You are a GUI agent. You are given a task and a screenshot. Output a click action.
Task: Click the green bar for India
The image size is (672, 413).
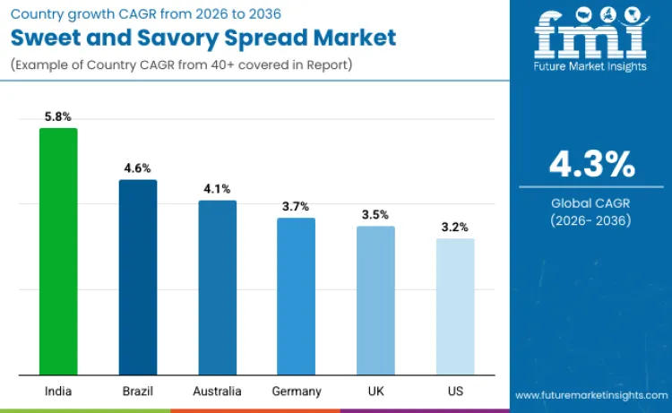(58, 252)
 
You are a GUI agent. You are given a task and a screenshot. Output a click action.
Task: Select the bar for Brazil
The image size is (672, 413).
(138, 278)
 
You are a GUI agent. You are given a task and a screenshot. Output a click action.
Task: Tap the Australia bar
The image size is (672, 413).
(217, 288)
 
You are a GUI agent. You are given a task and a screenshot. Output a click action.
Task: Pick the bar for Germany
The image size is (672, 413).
(296, 297)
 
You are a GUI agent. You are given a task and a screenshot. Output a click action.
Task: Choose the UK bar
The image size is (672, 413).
(375, 300)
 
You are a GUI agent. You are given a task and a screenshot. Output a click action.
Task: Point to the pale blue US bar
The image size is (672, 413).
(455, 306)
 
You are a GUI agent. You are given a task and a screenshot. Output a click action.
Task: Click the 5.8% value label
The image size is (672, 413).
(58, 116)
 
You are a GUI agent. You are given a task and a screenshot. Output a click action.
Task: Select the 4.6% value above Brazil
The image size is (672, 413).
(138, 168)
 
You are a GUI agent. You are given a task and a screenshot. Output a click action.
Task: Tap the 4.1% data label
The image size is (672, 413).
(217, 189)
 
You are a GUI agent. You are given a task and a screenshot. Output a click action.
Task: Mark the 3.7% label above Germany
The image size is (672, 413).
(296, 206)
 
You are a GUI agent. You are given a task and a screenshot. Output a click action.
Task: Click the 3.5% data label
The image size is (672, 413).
(375, 215)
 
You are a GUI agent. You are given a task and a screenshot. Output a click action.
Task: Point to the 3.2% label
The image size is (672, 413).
(455, 228)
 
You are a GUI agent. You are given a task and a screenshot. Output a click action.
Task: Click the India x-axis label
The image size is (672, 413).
(58, 391)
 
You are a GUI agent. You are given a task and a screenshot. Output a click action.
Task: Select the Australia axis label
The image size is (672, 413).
(217, 391)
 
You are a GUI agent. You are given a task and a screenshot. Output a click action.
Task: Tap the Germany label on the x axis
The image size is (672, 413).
(296, 391)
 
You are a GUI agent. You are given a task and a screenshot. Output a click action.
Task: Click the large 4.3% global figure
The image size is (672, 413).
(591, 165)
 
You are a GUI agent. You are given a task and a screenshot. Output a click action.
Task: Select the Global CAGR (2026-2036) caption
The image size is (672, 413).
(591, 211)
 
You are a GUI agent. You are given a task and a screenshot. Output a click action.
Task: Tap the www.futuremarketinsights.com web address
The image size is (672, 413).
(591, 395)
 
